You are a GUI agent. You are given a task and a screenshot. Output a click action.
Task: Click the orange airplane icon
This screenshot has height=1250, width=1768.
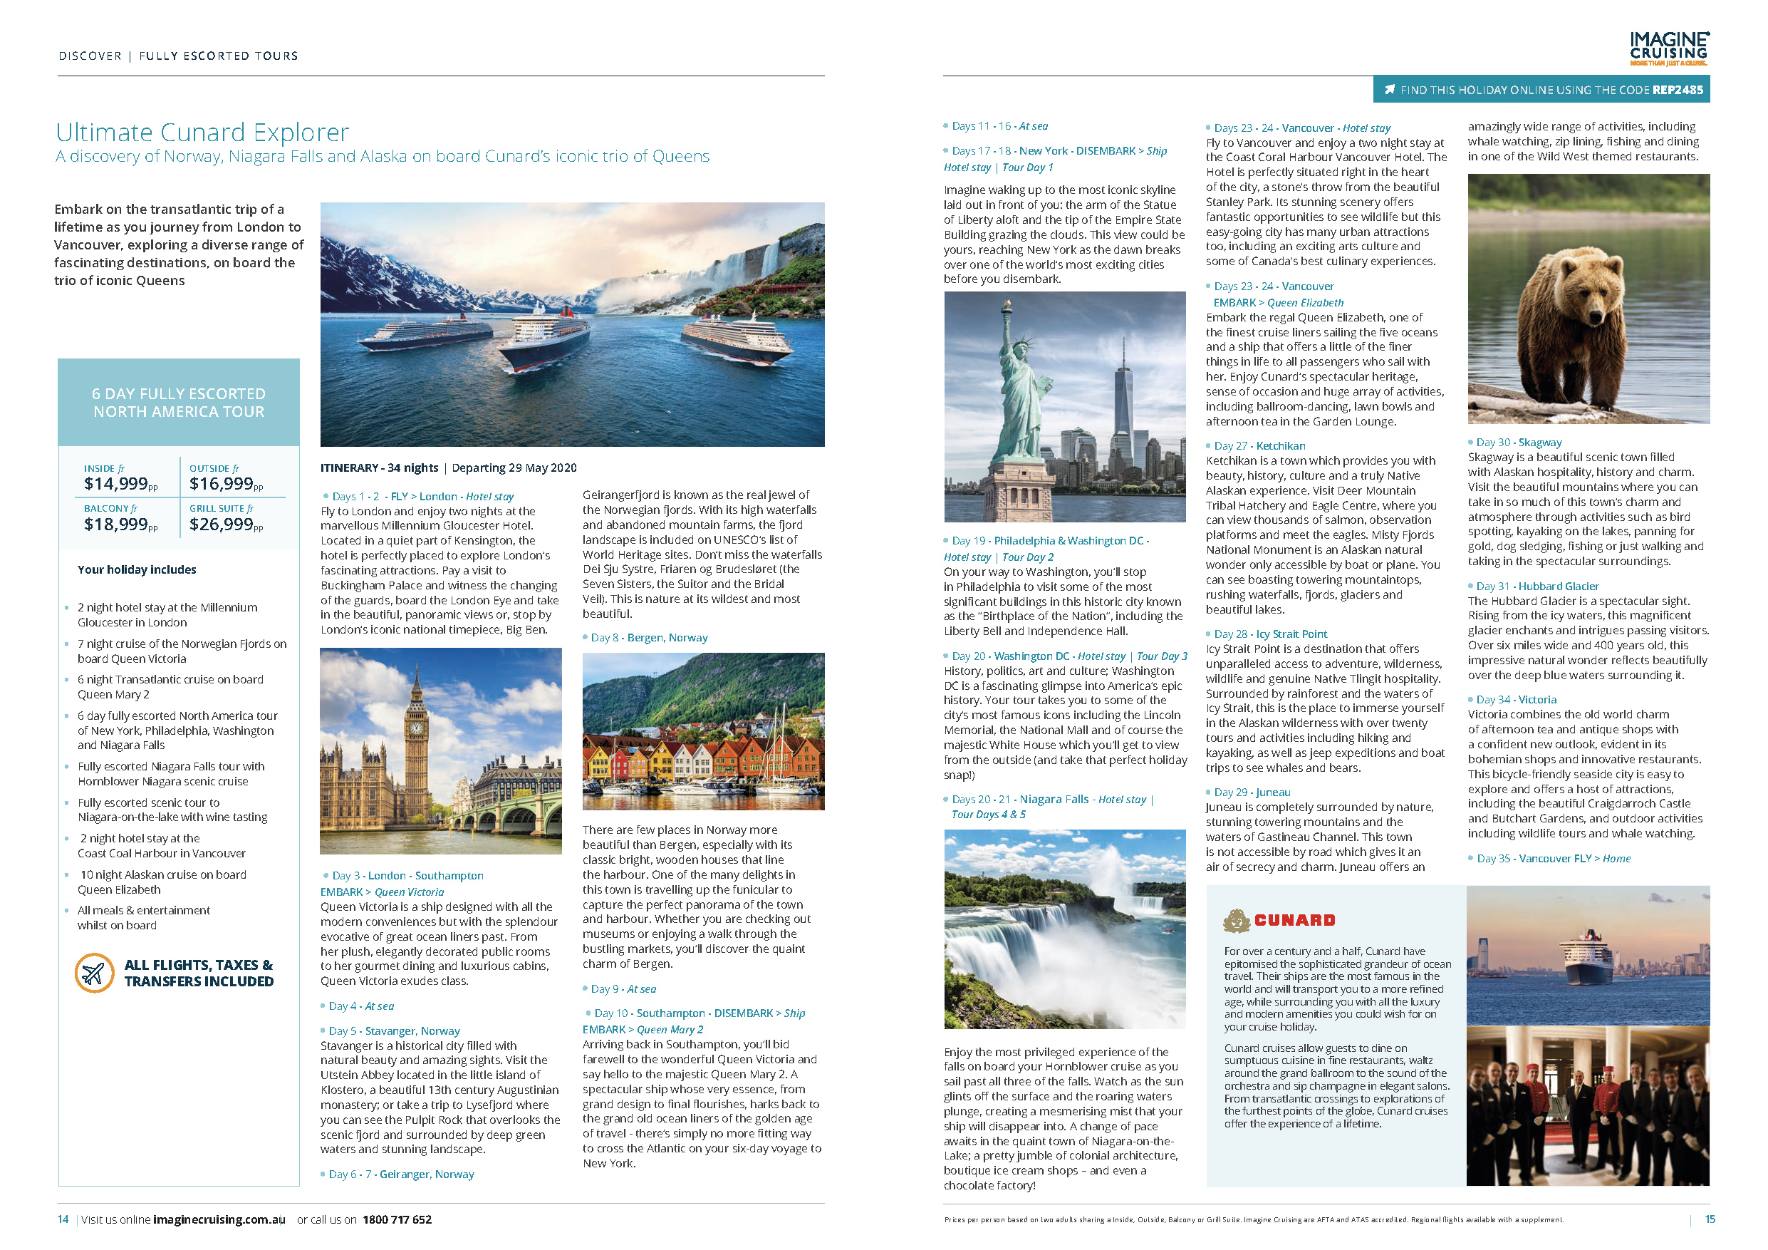tap(94, 973)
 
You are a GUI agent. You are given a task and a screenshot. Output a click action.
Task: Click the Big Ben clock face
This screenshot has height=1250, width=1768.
tap(417, 726)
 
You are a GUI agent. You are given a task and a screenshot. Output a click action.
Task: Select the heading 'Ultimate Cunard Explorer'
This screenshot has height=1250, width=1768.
tap(202, 132)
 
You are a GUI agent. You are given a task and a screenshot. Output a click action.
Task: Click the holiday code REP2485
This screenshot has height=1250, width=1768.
tap(1678, 90)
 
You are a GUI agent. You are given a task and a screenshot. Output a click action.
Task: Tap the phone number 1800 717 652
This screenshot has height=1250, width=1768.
tap(397, 1219)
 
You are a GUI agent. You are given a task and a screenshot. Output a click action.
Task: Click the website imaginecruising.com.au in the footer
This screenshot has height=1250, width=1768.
tap(219, 1219)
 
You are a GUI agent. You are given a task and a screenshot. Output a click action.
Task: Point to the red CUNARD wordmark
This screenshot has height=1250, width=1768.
tap(1294, 919)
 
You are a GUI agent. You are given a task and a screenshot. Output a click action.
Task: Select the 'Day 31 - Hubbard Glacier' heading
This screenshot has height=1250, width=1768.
tap(1537, 586)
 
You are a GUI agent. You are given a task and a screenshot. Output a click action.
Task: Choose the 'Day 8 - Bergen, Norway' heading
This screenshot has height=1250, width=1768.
tap(648, 638)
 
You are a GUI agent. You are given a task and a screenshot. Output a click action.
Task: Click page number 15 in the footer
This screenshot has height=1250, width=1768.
tap(1710, 1219)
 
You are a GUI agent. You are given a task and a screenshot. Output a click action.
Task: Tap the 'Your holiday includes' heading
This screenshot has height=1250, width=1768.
tap(137, 570)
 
